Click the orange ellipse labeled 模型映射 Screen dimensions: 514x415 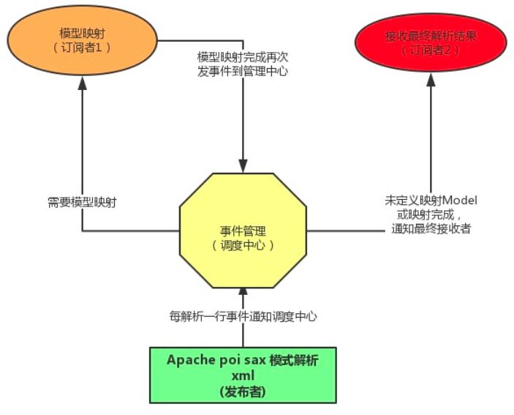[x=83, y=40]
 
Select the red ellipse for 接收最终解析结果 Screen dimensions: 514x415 [x=431, y=42]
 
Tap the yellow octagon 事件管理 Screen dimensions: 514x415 [x=243, y=231]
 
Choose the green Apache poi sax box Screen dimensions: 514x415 [x=243, y=375]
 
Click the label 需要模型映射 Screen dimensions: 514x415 [x=82, y=203]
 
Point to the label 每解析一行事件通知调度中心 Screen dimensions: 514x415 [x=243, y=317]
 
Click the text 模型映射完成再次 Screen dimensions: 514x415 [x=243, y=57]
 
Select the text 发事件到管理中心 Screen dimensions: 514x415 [x=243, y=71]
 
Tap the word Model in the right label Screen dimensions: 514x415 [x=460, y=201]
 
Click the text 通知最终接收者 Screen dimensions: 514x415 [x=431, y=228]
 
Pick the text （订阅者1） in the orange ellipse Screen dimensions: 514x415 [x=82, y=48]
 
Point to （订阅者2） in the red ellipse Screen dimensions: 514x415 [x=431, y=51]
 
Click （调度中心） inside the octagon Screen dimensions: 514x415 [x=243, y=245]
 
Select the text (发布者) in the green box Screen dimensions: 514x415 [x=243, y=392]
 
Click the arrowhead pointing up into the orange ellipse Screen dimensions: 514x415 [x=83, y=83]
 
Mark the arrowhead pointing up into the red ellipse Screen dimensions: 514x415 [x=431, y=80]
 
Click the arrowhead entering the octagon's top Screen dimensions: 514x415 [x=243, y=165]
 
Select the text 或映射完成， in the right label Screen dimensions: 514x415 [x=429, y=214]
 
